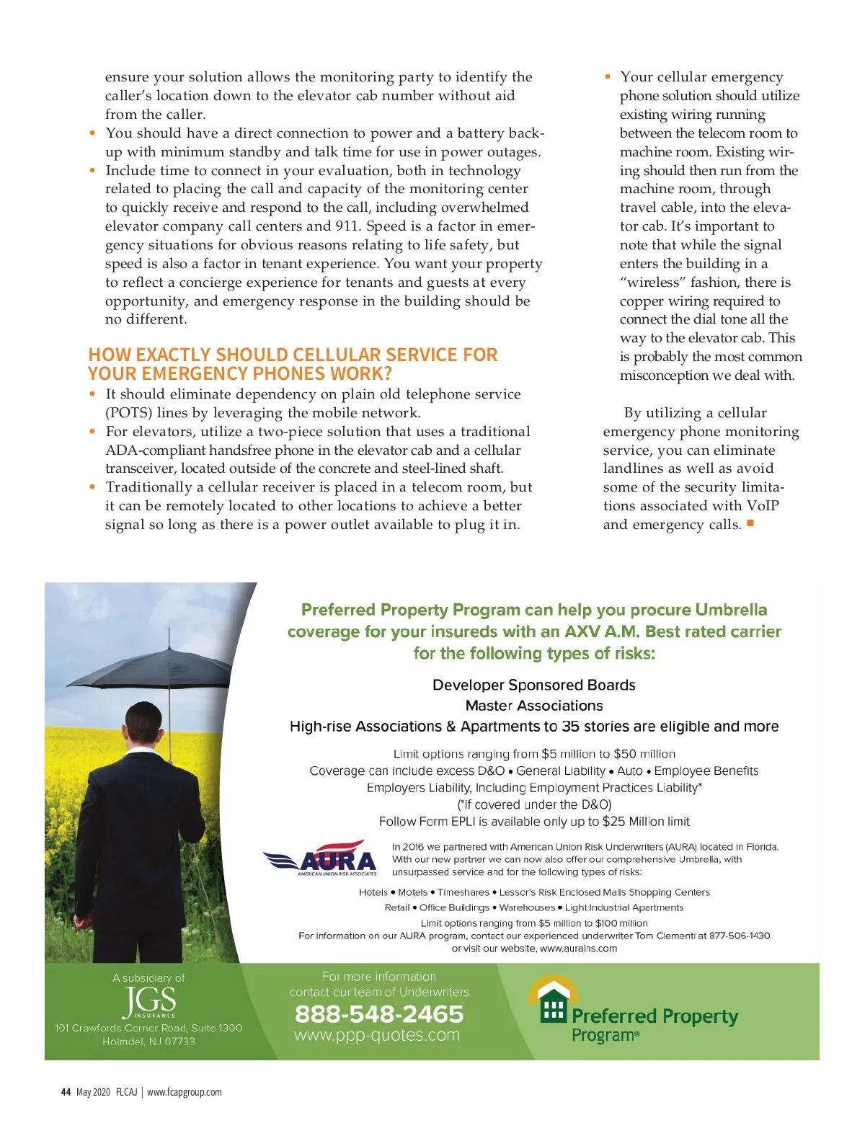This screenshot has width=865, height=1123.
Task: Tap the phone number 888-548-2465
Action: [378, 1014]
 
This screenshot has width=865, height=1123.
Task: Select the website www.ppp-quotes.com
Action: [377, 1036]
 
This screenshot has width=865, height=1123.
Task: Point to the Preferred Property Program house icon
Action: [553, 1000]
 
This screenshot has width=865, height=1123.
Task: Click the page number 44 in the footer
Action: [66, 1092]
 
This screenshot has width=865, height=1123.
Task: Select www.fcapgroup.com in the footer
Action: [185, 1092]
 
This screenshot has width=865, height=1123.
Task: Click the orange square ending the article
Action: [750, 523]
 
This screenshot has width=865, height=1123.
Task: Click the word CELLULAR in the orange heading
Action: [337, 355]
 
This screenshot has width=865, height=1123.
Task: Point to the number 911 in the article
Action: [347, 226]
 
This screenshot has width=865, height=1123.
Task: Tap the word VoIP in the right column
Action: [763, 505]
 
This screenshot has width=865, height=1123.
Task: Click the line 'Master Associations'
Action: [534, 706]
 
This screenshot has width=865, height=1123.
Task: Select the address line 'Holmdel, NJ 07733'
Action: [148, 1042]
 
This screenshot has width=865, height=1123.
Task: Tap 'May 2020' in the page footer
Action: [93, 1092]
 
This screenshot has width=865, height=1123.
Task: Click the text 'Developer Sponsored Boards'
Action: [534, 685]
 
